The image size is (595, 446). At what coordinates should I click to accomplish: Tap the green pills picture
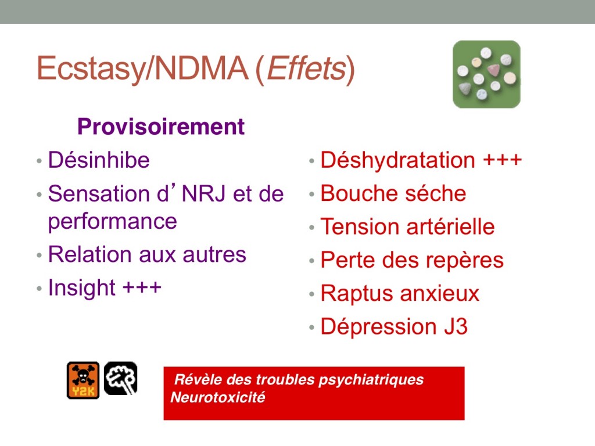(x=486, y=74)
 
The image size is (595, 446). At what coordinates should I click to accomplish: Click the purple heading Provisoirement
(x=161, y=126)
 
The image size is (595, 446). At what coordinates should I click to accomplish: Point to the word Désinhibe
(x=99, y=160)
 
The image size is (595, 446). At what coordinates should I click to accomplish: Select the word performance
(x=112, y=221)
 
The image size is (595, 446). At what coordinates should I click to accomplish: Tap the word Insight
(x=81, y=288)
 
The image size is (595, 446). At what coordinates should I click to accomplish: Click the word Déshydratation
(x=397, y=160)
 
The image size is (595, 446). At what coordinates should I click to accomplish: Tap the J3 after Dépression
(x=456, y=326)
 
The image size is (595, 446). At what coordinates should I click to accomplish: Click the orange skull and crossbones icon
(x=83, y=380)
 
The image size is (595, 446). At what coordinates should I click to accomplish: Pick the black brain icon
(x=121, y=378)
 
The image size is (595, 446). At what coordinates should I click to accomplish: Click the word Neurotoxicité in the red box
(x=218, y=397)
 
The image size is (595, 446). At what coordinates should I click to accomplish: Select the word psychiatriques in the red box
(x=371, y=380)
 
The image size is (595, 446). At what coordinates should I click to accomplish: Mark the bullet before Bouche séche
(x=311, y=194)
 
